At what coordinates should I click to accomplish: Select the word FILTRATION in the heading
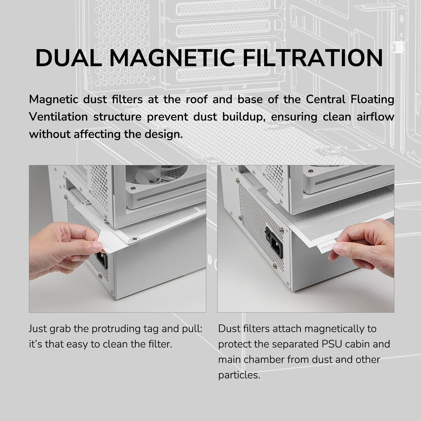pos(313,58)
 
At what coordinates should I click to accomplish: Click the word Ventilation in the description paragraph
pos(58,117)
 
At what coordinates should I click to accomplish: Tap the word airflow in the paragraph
pos(376,117)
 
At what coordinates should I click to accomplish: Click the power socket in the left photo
pos(102,260)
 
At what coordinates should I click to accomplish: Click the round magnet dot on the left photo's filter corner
pos(134,239)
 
